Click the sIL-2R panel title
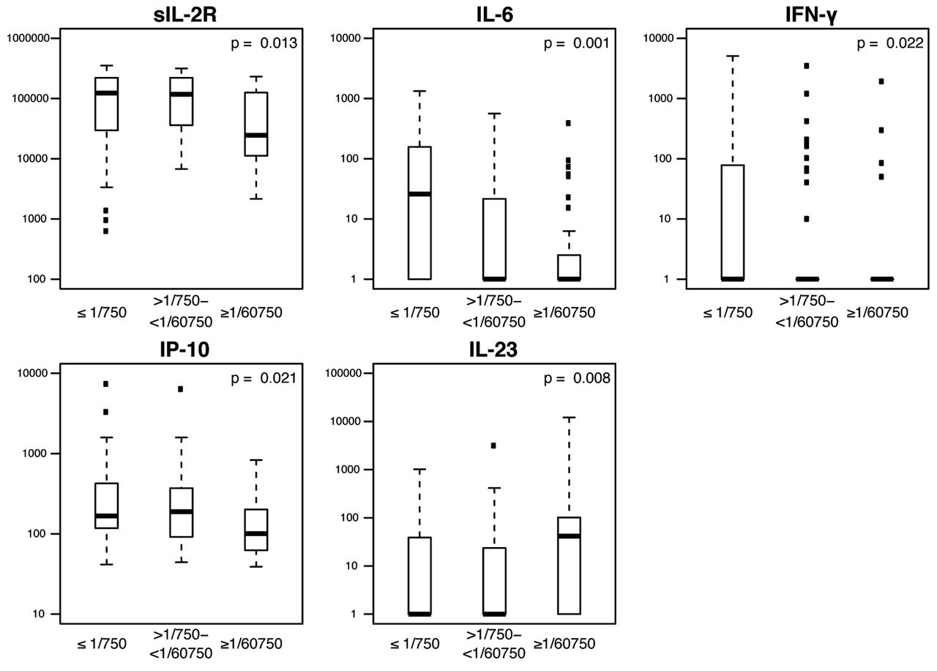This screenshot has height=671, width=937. [x=179, y=12]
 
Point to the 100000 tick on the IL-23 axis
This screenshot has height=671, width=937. [x=345, y=374]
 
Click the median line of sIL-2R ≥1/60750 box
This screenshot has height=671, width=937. [x=256, y=135]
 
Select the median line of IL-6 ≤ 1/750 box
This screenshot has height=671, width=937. [x=419, y=193]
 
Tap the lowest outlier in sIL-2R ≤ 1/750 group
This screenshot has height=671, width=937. [x=106, y=231]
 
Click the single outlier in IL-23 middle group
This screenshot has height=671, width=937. [x=494, y=445]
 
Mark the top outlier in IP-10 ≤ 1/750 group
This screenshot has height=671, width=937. [x=106, y=384]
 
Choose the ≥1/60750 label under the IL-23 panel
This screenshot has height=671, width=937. [x=564, y=644]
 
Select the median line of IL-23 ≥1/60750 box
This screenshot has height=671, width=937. [x=569, y=536]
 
